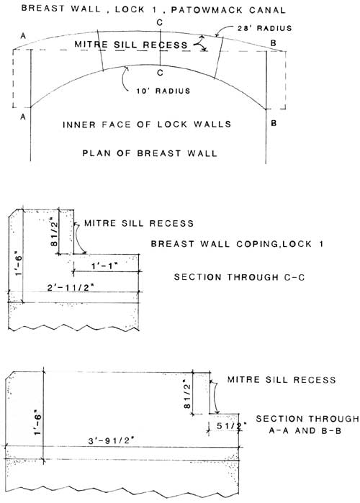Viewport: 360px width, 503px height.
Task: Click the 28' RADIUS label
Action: [265, 28]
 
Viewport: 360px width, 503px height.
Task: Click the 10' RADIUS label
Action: [163, 91]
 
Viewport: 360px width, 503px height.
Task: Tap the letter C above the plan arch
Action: [160, 22]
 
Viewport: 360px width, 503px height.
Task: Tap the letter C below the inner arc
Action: [160, 73]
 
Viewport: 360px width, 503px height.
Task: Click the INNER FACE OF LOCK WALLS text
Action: [147, 124]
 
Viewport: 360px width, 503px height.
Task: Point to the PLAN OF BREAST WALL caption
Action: [150, 153]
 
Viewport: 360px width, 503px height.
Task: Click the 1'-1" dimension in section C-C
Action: [104, 266]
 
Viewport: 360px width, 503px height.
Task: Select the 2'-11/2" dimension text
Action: [71, 288]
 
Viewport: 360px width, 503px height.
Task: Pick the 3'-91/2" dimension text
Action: [111, 440]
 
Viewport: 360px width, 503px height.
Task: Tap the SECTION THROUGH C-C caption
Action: [239, 277]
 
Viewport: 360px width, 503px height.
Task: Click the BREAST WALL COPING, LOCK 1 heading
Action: [237, 244]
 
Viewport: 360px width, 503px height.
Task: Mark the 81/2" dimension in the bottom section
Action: [187, 394]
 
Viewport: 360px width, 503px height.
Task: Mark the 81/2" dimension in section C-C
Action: [54, 232]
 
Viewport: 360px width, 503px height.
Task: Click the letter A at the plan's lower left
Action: [23, 117]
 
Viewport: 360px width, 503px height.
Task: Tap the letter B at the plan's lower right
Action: [274, 123]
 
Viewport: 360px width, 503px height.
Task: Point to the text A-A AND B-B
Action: [305, 430]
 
